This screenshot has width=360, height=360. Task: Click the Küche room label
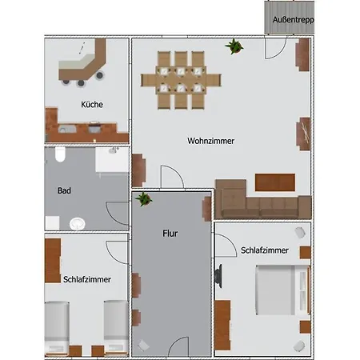point(92,104)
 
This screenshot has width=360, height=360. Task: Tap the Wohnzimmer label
point(211,141)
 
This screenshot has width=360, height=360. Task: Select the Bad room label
point(64,190)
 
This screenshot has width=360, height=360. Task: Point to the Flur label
point(170,234)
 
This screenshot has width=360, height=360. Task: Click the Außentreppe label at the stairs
point(294,20)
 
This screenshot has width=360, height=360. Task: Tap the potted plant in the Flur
point(144,199)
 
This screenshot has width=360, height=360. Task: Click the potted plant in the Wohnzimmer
point(234,46)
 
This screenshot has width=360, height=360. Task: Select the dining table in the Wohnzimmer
point(181,80)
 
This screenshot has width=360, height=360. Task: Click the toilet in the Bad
point(60,154)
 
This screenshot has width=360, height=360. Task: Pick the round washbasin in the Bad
point(78,224)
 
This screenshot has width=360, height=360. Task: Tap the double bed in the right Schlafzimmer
point(282,290)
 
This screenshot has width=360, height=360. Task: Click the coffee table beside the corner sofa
point(275,182)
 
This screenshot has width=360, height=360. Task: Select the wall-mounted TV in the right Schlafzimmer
point(218,276)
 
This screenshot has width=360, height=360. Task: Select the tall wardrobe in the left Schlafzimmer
point(53,261)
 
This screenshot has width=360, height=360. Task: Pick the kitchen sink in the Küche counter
point(67,130)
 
